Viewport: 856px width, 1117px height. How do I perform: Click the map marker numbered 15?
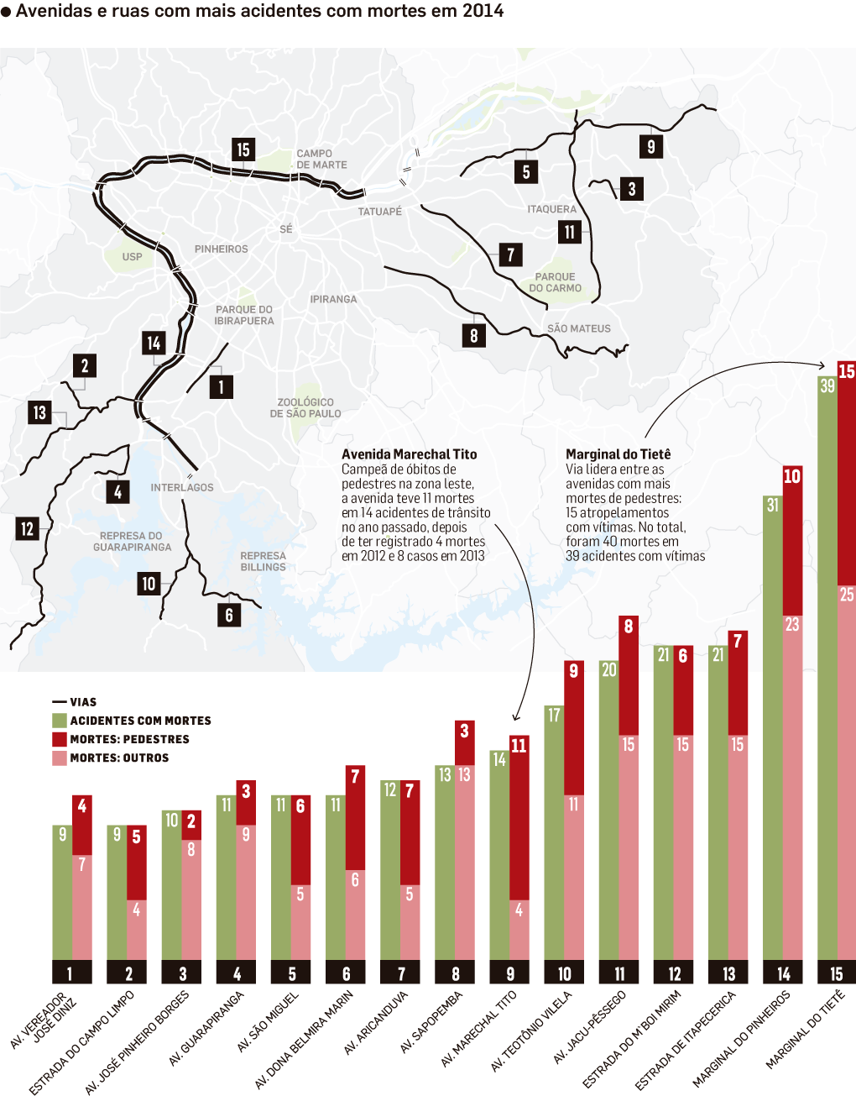[243, 149]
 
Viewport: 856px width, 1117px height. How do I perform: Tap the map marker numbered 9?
[651, 146]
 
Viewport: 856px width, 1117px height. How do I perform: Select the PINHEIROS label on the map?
[222, 249]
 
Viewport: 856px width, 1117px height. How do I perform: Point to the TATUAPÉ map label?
[380, 212]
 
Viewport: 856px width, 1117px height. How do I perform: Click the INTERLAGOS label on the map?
[182, 487]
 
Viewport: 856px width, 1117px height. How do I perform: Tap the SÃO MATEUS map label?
[579, 328]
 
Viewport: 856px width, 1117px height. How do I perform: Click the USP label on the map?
[132, 257]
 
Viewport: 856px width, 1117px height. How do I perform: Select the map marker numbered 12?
[27, 528]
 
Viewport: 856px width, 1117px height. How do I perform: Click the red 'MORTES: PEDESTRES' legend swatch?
[60, 739]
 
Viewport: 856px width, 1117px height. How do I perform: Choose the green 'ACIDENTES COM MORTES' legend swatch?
[60, 721]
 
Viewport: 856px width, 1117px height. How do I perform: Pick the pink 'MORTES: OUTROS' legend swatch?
[60, 758]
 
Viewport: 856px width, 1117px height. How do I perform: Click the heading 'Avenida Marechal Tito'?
[409, 454]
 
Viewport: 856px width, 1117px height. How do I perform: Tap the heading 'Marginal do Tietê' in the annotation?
[618, 454]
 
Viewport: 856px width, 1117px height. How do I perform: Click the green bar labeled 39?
[827, 672]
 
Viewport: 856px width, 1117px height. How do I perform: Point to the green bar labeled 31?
[773, 731]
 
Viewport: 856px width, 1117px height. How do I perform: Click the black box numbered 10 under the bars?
[565, 973]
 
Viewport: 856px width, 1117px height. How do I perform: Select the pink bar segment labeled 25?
[846, 773]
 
